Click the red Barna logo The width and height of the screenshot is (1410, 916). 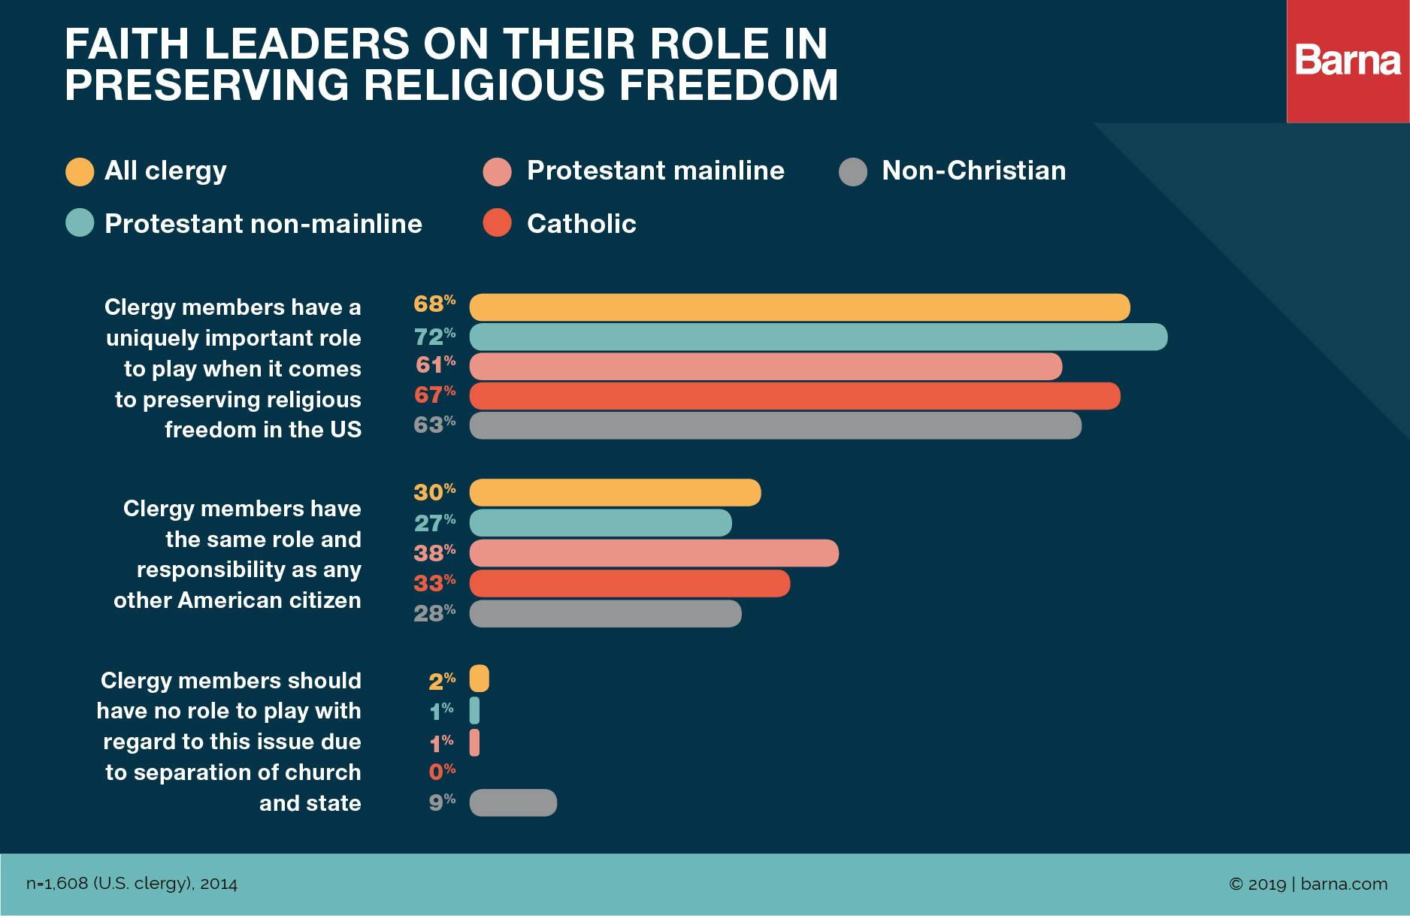pyautogui.click(x=1348, y=61)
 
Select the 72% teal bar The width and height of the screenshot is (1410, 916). pyautogui.click(x=818, y=337)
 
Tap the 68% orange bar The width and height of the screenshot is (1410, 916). pyautogui.click(x=799, y=307)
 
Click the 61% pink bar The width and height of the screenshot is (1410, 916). pyautogui.click(x=765, y=367)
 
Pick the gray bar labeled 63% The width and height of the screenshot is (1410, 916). pyautogui.click(x=775, y=425)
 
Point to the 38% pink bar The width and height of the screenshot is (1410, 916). pyautogui.click(x=653, y=553)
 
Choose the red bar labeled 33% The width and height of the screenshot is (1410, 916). pyautogui.click(x=629, y=583)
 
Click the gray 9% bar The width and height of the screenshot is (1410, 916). pyautogui.click(x=513, y=803)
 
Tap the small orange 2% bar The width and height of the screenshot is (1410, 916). pyautogui.click(x=479, y=679)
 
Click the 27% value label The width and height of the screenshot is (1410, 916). pyautogui.click(x=434, y=521)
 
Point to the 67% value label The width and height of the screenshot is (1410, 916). pyautogui.click(x=434, y=395)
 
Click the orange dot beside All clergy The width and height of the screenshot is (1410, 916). pyautogui.click(x=80, y=171)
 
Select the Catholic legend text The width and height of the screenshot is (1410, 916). pyautogui.click(x=581, y=224)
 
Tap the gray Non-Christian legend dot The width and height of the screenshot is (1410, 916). pyautogui.click(x=853, y=171)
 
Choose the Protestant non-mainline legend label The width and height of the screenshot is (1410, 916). pyautogui.click(x=263, y=224)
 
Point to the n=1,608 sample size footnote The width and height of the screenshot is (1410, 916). pyautogui.click(x=132, y=884)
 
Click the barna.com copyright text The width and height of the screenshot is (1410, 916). pyautogui.click(x=1308, y=884)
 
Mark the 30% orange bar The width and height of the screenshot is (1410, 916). pyautogui.click(x=615, y=493)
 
